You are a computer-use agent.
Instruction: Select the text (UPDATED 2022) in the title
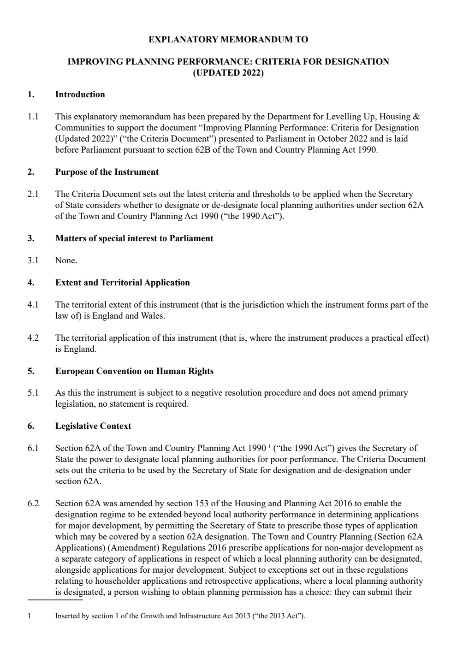pyautogui.click(x=228, y=73)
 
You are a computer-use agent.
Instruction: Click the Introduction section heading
pyautogui.click(x=80, y=95)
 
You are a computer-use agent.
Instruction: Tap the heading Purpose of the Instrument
pyautogui.click(x=107, y=172)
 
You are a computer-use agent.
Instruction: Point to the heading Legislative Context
pyautogui.click(x=93, y=426)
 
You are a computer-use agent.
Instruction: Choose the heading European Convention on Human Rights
pyautogui.click(x=134, y=371)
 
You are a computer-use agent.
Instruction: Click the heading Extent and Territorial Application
pyautogui.click(x=122, y=283)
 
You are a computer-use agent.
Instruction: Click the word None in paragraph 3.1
pyautogui.click(x=65, y=261)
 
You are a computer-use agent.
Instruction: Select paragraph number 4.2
pyautogui.click(x=33, y=338)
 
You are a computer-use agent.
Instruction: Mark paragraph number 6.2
pyautogui.click(x=33, y=504)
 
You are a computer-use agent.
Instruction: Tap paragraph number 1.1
pyautogui.click(x=33, y=117)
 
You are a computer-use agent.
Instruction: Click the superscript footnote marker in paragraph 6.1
pyautogui.click(x=269, y=446)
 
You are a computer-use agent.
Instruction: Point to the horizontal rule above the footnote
pyautogui.click(x=55, y=600)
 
